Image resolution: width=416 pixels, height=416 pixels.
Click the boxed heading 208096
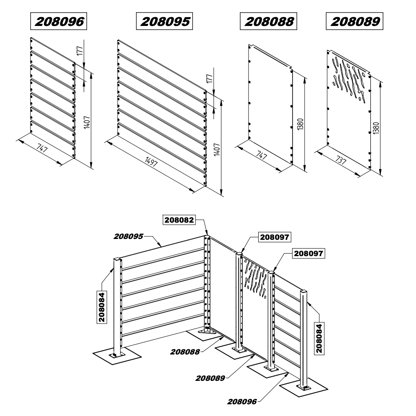(x=59, y=21)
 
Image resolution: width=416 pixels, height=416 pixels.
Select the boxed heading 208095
(x=164, y=21)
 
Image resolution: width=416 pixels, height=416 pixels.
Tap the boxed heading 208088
(x=269, y=21)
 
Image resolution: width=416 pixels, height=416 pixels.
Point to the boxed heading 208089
(x=355, y=21)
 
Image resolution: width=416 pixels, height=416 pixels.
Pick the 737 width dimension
(x=341, y=160)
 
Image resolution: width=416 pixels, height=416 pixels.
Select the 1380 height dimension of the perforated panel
(x=376, y=128)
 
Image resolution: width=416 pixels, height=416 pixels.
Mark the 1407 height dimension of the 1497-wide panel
(x=217, y=149)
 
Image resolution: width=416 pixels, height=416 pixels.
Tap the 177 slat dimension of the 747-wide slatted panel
(x=80, y=51)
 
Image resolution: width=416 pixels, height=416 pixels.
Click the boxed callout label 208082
(x=179, y=220)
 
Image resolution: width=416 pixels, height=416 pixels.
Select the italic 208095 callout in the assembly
(x=128, y=236)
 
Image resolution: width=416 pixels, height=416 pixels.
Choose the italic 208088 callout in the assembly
(x=185, y=352)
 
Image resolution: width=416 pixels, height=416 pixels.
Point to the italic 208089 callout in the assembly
(x=210, y=378)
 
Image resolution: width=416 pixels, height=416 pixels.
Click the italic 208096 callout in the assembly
(x=242, y=402)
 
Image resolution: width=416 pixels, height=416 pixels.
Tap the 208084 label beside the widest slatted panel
(x=102, y=307)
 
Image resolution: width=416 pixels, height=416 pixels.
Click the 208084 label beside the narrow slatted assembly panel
(x=319, y=338)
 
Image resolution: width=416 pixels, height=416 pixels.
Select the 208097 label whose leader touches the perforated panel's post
(x=274, y=237)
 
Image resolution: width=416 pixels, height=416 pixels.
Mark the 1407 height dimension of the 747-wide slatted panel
(x=87, y=122)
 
